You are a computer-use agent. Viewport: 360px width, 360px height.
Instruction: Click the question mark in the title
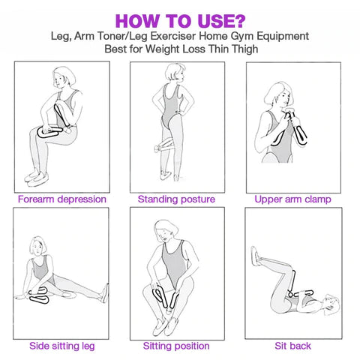[240, 21]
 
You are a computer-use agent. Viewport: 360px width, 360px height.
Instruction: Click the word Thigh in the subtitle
[245, 49]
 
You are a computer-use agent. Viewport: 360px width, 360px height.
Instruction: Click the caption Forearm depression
[62, 199]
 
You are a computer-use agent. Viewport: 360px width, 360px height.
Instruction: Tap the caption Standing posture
[176, 199]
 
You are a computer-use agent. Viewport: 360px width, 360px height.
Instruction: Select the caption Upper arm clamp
[292, 199]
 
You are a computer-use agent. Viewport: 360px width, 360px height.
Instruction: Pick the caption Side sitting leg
[62, 346]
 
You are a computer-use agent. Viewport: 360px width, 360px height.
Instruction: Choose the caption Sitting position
[176, 346]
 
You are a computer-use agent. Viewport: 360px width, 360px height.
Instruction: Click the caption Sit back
[292, 346]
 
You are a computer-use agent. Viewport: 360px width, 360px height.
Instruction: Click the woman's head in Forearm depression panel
[64, 77]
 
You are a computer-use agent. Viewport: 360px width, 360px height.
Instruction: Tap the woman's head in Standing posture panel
[175, 73]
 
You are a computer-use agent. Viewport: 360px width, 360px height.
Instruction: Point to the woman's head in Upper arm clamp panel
[279, 94]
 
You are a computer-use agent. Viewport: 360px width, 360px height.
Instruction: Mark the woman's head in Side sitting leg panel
[38, 246]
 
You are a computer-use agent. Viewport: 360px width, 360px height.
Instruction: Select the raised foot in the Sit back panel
[256, 256]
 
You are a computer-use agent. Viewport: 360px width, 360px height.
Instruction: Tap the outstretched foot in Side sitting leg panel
[104, 293]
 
